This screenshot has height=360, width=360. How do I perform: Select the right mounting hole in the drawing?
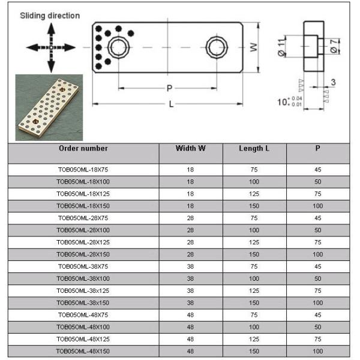click(x=215, y=46)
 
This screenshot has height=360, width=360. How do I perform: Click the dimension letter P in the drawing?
click(x=170, y=88)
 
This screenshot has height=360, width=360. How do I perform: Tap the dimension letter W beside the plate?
click(x=254, y=47)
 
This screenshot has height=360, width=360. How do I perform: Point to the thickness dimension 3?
click(x=332, y=82)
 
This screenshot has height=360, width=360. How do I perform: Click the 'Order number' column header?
click(x=83, y=148)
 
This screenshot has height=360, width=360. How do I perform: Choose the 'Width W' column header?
click(x=190, y=148)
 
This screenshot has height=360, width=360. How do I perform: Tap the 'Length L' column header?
click(x=254, y=148)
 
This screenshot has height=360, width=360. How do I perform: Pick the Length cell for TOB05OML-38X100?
click(x=254, y=278)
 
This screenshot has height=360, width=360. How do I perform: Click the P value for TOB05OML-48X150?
click(x=317, y=351)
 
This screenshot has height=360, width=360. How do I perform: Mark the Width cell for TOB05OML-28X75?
click(x=190, y=218)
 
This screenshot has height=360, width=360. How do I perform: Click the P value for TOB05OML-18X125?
click(x=317, y=194)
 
